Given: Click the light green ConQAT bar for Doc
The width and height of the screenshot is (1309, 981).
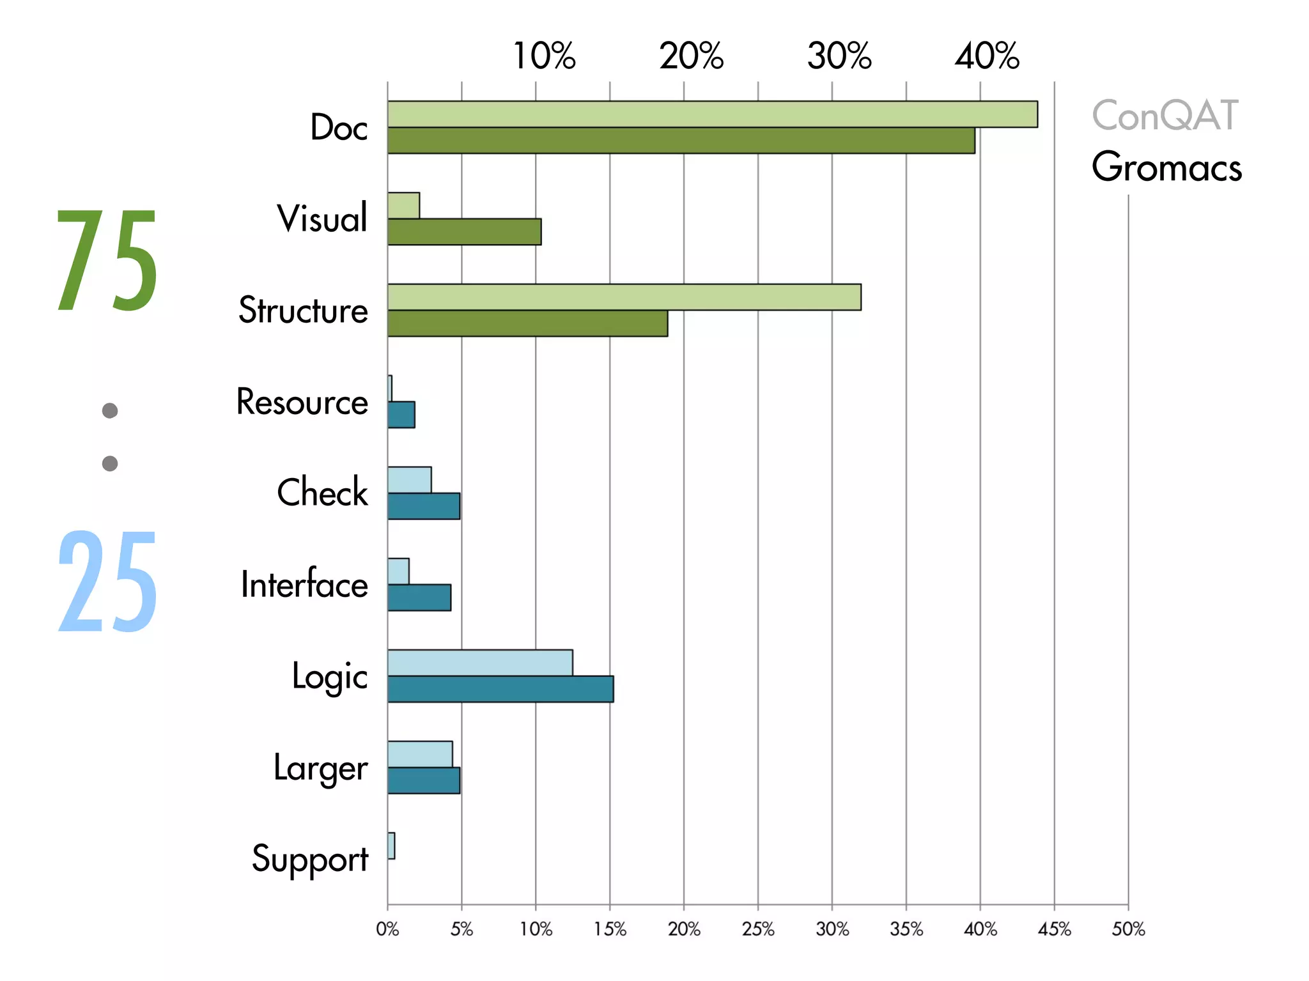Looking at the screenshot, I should point(712,114).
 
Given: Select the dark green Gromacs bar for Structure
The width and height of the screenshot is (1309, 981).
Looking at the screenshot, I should point(527,323).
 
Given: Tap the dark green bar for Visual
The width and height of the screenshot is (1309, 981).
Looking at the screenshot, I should point(464,231).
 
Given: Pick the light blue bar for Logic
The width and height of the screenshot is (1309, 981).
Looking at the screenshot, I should point(480,663).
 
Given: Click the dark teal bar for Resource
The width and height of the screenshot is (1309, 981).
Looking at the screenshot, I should point(401,415).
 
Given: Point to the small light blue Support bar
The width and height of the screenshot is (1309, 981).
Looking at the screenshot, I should point(391,846).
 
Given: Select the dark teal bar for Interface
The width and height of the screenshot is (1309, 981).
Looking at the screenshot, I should point(419,598).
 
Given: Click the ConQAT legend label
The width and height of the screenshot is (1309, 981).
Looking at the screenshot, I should point(1165,116).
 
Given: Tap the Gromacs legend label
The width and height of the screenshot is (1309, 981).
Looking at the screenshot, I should point(1166,167).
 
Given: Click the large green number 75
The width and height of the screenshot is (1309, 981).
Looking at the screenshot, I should point(107,261).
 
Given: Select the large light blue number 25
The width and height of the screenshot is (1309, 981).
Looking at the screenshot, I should point(107,582).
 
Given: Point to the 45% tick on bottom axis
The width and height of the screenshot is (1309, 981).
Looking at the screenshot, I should point(1054,929).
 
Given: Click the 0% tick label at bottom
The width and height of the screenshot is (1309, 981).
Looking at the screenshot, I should point(387,929).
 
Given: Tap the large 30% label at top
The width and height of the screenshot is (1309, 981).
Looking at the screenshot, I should point(839,56).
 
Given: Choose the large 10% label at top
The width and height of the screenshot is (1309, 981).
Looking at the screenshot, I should point(544,56).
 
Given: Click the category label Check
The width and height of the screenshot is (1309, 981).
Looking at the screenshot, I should point(322,493).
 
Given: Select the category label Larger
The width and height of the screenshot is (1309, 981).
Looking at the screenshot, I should point(320,768).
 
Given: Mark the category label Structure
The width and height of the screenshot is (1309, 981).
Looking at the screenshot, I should point(303,311).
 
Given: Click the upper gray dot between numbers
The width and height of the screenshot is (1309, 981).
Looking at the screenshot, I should point(110,410).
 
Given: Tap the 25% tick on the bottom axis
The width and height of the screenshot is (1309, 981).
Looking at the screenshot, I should point(758,929).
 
